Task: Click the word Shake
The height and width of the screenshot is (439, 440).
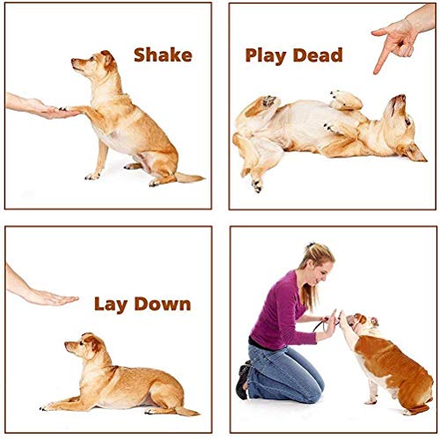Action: point(162,55)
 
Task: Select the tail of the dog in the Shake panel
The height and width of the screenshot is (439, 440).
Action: point(187,178)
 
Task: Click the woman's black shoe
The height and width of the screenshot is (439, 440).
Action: point(243,380)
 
